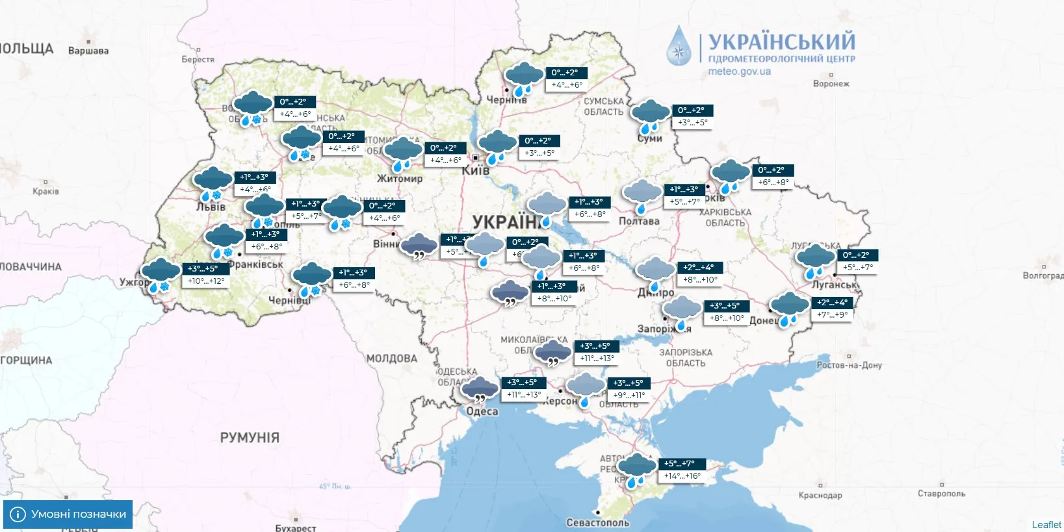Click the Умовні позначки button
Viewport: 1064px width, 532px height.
pos(68,514)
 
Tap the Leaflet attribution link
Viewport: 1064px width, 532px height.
pos(1046,525)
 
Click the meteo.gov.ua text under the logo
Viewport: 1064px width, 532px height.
pos(739,71)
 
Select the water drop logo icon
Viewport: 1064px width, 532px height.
pos(680,46)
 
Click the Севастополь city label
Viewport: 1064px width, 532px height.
pos(597,522)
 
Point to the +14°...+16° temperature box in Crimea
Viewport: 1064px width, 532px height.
pos(682,476)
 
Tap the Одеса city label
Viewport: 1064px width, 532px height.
pos(482,411)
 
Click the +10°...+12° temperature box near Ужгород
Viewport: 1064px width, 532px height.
pos(206,281)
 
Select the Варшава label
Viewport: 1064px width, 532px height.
pos(88,51)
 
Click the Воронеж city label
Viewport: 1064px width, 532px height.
pos(831,84)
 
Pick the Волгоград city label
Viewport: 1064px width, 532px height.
pos(1043,275)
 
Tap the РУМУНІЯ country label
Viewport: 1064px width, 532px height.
pos(250,438)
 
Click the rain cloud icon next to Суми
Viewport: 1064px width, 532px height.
pos(650,116)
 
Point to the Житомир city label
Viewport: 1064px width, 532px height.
pos(400,178)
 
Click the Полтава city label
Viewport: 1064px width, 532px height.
pos(638,221)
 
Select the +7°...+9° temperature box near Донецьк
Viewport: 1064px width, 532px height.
pos(832,315)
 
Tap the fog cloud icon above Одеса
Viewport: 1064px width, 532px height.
pos(480,389)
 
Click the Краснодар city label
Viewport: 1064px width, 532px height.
pos(820,495)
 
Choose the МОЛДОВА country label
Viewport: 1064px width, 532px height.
pos(391,359)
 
